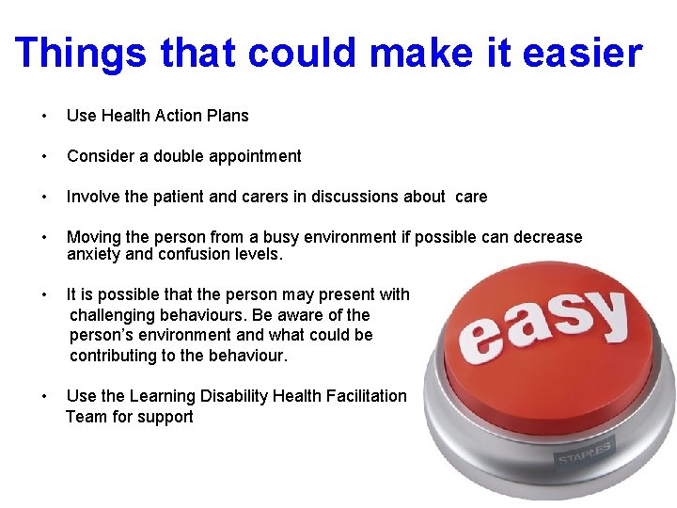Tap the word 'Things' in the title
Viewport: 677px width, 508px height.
coord(81,54)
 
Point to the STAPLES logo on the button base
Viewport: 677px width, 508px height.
coord(584,452)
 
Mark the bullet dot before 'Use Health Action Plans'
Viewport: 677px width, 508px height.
coord(44,117)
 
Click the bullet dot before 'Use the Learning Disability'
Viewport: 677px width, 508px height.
coord(44,397)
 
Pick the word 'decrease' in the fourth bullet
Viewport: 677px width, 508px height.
coord(550,237)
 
